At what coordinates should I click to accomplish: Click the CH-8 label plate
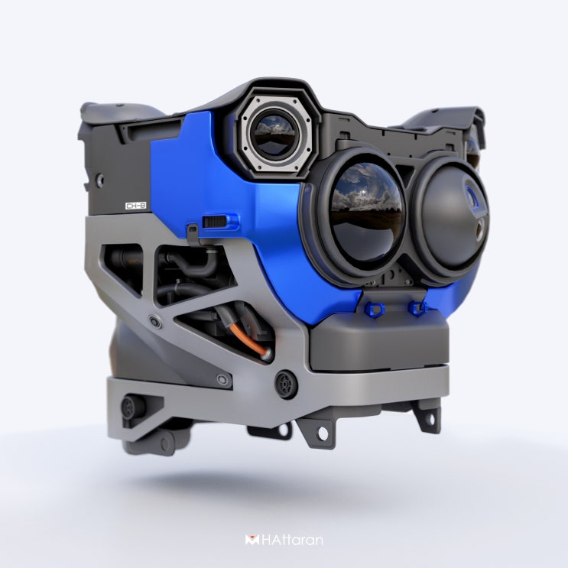(136, 206)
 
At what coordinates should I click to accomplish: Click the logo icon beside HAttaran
(252, 540)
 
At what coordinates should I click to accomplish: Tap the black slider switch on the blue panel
(215, 221)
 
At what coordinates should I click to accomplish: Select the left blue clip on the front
(374, 309)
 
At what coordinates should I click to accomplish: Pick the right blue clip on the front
(417, 308)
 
